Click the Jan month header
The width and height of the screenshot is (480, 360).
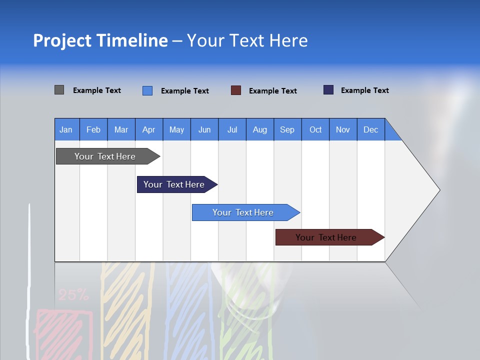(x=66, y=129)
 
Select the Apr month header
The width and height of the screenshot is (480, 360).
(x=149, y=129)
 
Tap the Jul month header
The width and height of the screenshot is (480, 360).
(x=232, y=129)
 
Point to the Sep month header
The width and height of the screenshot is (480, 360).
(x=287, y=129)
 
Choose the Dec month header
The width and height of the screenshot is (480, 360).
(x=370, y=129)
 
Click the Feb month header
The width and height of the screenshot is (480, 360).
(x=93, y=129)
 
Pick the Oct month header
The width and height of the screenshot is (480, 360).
(x=315, y=129)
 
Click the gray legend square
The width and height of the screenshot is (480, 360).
(x=59, y=90)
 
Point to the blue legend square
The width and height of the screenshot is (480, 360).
(x=147, y=90)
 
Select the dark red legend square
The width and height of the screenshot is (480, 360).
(x=236, y=90)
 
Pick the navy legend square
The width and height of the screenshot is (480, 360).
(x=328, y=90)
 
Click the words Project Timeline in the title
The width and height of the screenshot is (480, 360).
(x=100, y=40)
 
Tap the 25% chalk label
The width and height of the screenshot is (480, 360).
(x=73, y=295)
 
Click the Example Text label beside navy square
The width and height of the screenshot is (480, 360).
(x=364, y=90)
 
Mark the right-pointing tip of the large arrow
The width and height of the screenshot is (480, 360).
(x=438, y=190)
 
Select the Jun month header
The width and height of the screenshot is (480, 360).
(x=204, y=129)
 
